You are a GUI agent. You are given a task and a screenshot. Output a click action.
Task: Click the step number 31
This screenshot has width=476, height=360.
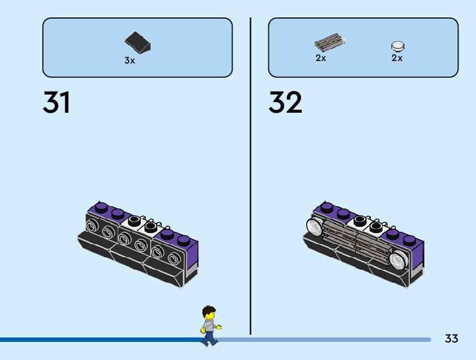click(x=57, y=103)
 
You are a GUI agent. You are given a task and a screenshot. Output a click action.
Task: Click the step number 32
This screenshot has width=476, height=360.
click(x=285, y=103)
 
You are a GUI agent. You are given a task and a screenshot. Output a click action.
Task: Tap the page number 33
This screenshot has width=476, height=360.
click(x=452, y=339)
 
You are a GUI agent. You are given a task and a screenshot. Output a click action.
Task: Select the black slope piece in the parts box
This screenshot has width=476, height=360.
click(x=138, y=43)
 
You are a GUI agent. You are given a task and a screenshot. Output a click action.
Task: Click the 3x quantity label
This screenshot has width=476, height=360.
click(x=129, y=61)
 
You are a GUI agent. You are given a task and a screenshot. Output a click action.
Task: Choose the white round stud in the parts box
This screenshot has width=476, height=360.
click(x=398, y=45)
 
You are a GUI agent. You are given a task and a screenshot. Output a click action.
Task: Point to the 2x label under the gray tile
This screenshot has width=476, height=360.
click(x=320, y=59)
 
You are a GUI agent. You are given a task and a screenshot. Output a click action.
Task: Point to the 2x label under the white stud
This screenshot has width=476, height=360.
click(x=397, y=59)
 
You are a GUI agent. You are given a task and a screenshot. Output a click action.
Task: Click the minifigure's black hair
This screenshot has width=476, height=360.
click(x=210, y=311)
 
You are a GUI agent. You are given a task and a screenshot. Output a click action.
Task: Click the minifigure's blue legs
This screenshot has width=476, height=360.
click(x=210, y=338)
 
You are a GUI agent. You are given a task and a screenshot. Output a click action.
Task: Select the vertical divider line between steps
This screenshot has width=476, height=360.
click(x=250, y=174)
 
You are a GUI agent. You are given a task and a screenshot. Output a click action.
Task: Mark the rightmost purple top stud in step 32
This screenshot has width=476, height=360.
click(x=409, y=239)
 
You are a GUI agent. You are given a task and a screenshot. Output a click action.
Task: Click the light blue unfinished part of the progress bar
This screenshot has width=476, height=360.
click(x=324, y=339)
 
